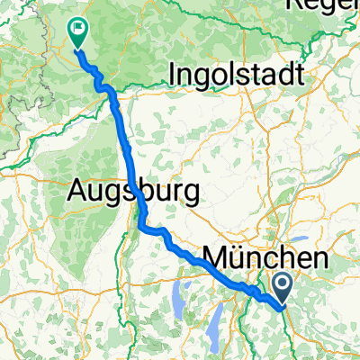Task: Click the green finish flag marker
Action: (78, 33)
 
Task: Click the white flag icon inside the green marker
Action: (78, 30)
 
